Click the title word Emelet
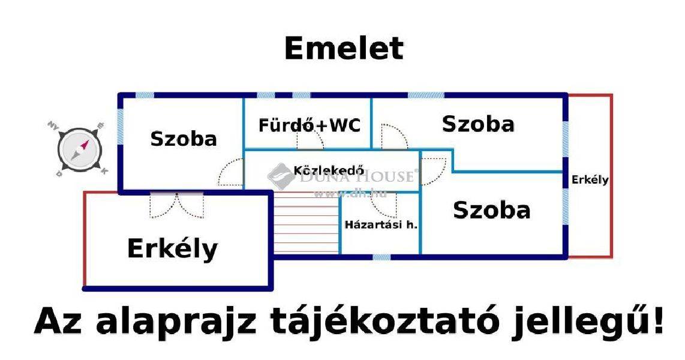click(344, 48)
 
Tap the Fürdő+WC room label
click(310, 125)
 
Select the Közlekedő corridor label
click(329, 170)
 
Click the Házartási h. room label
click(381, 225)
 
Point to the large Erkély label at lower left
click(173, 248)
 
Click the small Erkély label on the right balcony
click(590, 179)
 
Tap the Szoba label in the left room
click(184, 139)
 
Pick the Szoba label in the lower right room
click(491, 210)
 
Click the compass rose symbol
click(80, 149)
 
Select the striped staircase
click(307, 223)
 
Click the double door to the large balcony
click(176, 205)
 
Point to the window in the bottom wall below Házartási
click(381, 257)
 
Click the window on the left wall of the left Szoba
click(121, 127)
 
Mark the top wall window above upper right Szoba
click(426, 95)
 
